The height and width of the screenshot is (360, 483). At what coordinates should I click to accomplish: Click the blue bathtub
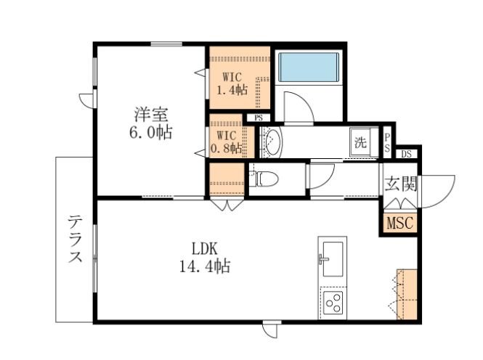[x=309, y=67]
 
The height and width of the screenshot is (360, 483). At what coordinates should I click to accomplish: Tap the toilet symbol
[x=264, y=179]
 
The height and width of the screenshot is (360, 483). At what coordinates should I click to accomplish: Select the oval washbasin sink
[x=273, y=142]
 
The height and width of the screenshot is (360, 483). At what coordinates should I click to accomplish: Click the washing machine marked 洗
[x=360, y=142]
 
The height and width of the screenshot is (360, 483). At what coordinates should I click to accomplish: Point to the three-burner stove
[x=333, y=303]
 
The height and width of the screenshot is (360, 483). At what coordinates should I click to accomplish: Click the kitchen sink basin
[x=333, y=259]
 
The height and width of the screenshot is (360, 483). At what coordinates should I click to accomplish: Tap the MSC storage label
[x=399, y=223]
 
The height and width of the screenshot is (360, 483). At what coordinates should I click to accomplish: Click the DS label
[x=406, y=154]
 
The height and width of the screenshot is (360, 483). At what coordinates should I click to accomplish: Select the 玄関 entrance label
[x=400, y=184]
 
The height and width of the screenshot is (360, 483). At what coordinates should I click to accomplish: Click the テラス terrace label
[x=76, y=239]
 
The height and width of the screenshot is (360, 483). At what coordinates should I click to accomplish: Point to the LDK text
[x=205, y=249]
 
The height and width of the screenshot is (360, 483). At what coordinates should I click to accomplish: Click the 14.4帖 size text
[x=205, y=266]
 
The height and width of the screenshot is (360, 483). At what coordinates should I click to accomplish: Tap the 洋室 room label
[x=151, y=115]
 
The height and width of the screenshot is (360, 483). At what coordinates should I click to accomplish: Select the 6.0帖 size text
[x=151, y=132]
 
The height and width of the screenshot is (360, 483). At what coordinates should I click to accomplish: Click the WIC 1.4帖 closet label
[x=232, y=83]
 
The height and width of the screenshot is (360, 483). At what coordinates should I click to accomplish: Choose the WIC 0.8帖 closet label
[x=227, y=142]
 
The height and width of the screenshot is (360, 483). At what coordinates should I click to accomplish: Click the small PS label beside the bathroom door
[x=259, y=118]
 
